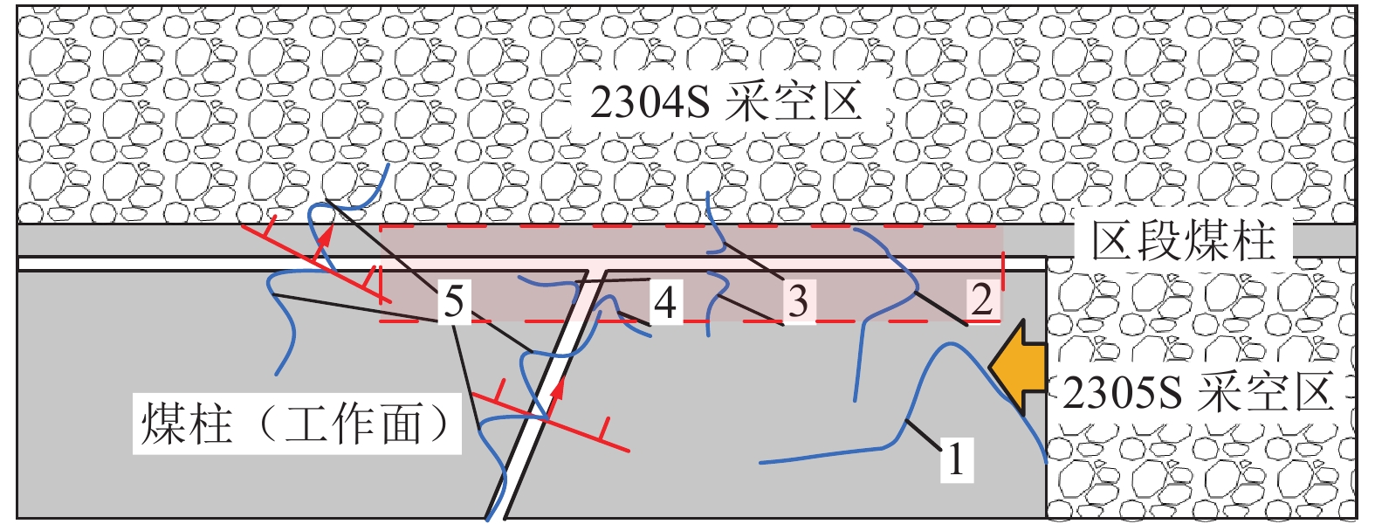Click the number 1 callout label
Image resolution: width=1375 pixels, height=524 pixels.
pyautogui.click(x=956, y=458)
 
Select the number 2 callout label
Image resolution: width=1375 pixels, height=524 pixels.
pyautogui.click(x=982, y=300)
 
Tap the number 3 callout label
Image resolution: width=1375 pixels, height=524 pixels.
pyautogui.click(x=798, y=301)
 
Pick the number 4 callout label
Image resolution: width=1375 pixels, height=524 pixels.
pyautogui.click(x=665, y=302)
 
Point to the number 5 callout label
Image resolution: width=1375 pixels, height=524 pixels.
pyautogui.click(x=453, y=302)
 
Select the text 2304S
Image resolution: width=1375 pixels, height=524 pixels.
pyautogui.click(x=648, y=102)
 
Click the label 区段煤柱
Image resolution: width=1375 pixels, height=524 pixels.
pyautogui.click(x=1183, y=240)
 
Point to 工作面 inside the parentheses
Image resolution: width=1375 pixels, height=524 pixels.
pyautogui.click(x=353, y=425)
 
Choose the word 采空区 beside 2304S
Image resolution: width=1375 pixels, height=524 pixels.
pyautogui.click(x=793, y=102)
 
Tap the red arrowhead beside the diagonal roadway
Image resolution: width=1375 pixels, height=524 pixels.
pyautogui.click(x=555, y=388)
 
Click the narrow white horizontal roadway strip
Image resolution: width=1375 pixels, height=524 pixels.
pyautogui.click(x=175, y=263)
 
